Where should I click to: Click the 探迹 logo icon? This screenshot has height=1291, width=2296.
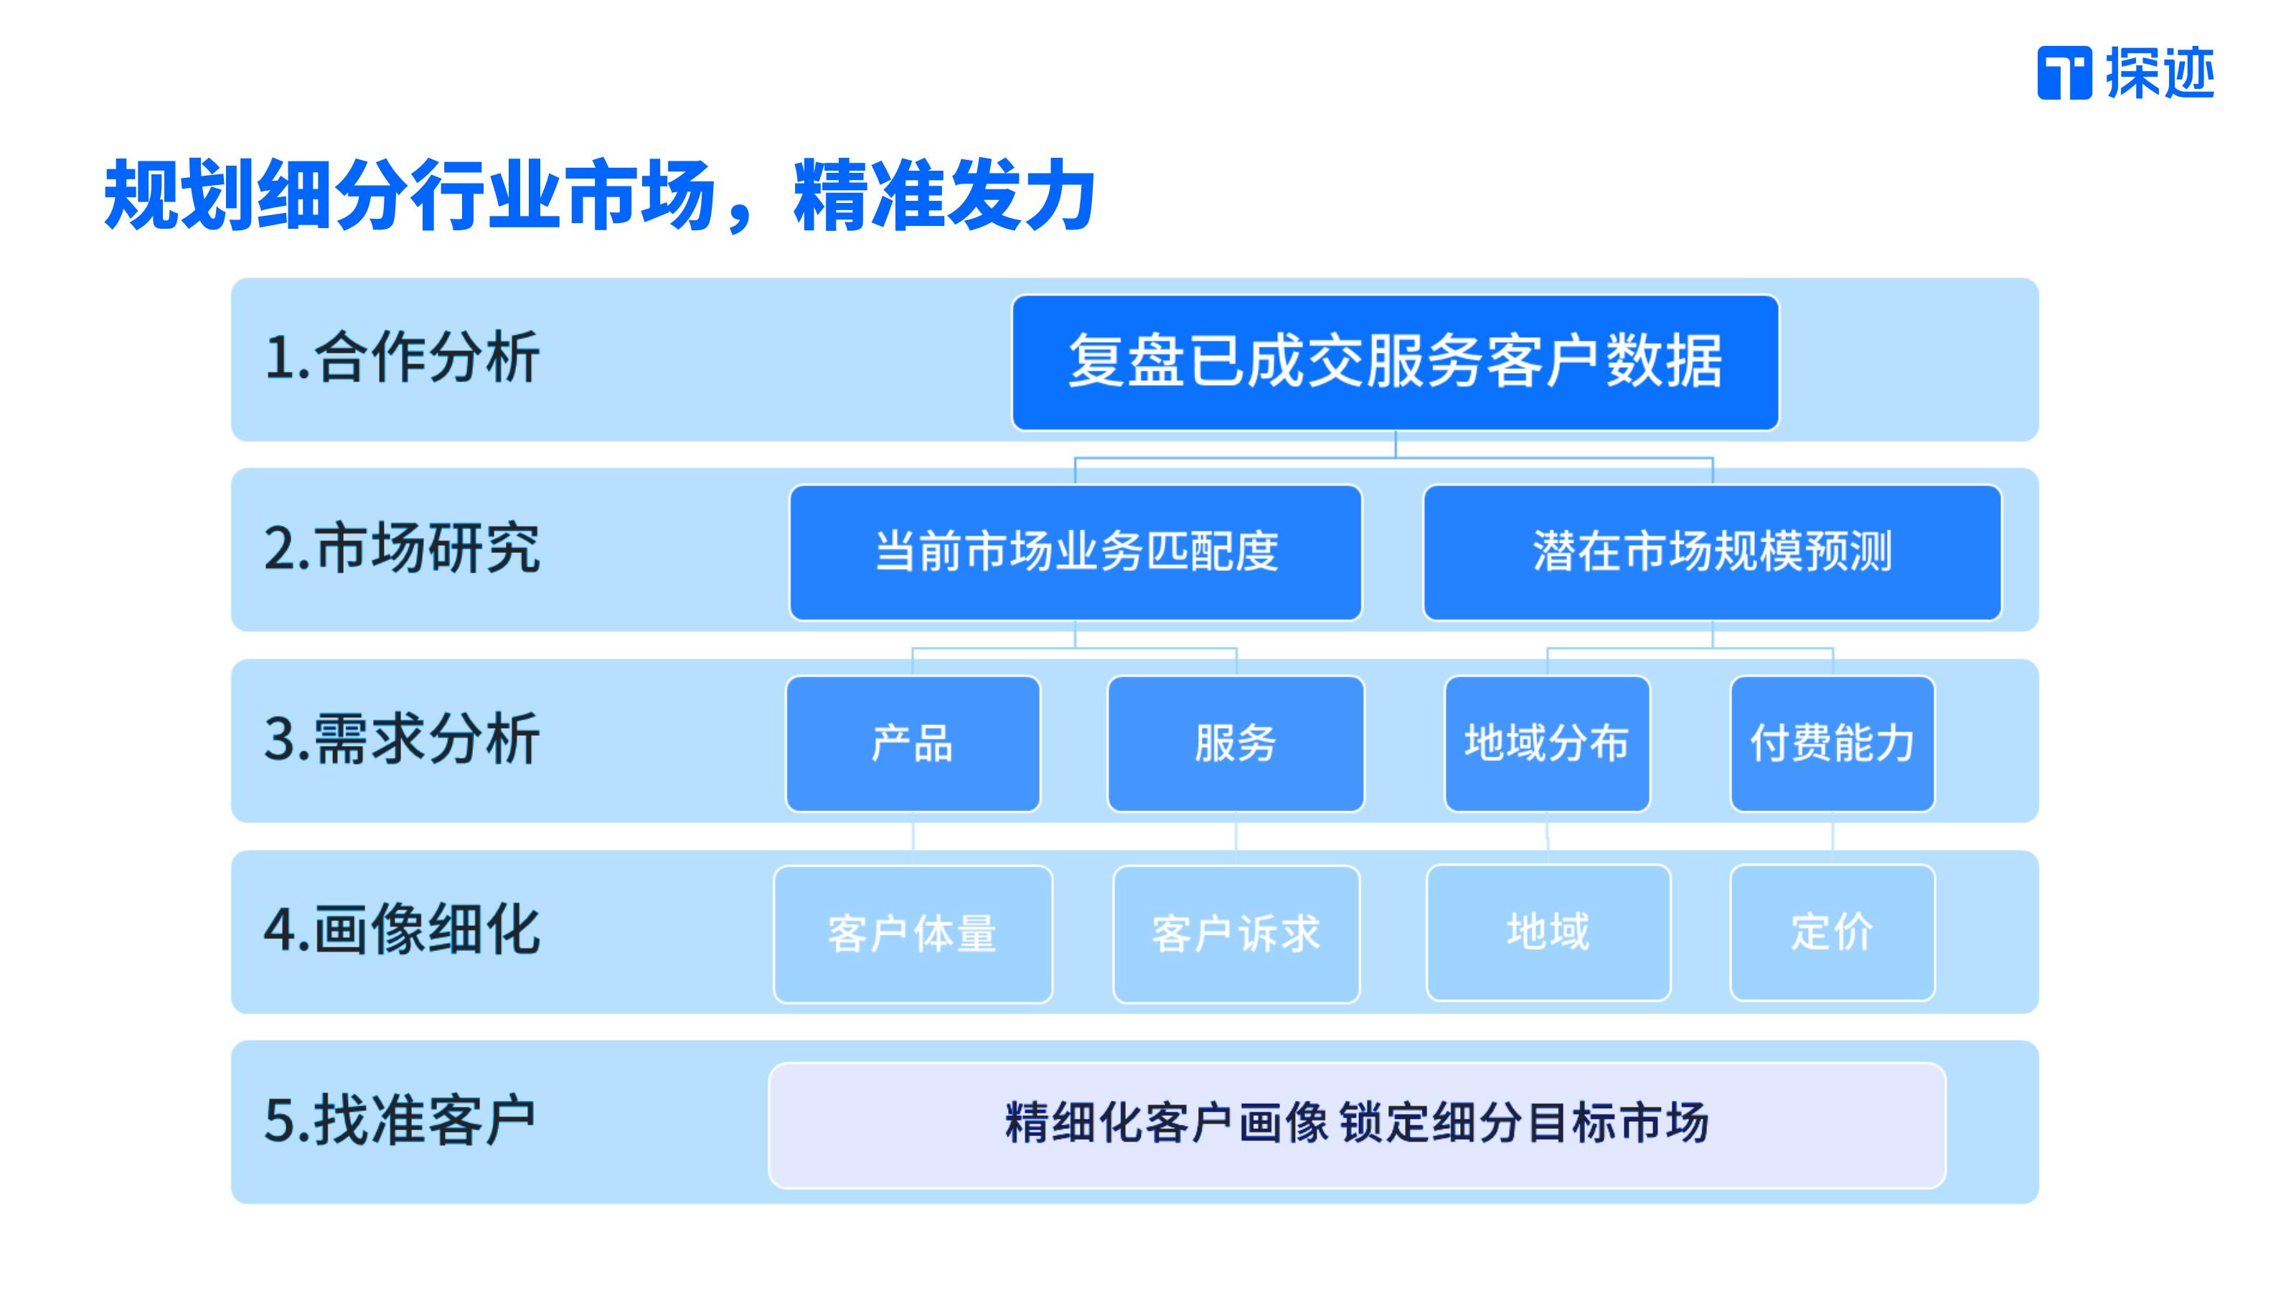coord(2064,73)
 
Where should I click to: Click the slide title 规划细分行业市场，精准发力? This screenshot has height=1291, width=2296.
coord(600,195)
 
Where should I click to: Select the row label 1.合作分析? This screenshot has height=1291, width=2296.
coord(402,357)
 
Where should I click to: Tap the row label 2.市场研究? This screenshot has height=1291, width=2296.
coord(402,548)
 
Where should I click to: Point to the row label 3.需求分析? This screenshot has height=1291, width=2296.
coord(402,739)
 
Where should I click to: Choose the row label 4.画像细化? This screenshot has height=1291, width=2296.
coord(402,930)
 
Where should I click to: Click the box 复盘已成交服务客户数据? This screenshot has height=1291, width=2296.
coord(1395,363)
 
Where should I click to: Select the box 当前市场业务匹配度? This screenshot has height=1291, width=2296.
coord(1076,552)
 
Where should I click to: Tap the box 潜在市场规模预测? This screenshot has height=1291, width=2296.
coord(1712,552)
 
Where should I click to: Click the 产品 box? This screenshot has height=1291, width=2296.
coord(913,744)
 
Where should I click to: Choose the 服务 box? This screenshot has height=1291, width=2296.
coord(1236,744)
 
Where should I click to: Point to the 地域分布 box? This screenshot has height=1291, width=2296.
coord(1548,744)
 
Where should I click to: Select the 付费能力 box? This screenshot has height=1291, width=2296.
coord(1832,744)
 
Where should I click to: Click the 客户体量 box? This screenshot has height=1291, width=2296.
coord(913,935)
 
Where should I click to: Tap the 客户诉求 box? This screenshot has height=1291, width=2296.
coord(1236,935)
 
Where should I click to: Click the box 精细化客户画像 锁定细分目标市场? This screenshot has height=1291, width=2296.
coord(1357,1125)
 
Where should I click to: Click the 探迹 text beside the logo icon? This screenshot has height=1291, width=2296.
coord(2160,73)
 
